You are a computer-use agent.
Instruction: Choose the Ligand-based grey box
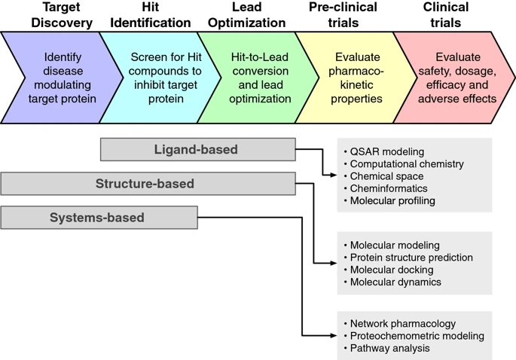197,149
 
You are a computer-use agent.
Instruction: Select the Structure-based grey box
147,183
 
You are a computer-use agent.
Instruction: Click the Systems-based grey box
98,218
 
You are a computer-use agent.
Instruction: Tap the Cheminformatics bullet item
389,188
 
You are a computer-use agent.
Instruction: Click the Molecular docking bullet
391,270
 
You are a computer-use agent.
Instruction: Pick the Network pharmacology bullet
402,324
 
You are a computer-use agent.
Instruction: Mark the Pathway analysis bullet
389,348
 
